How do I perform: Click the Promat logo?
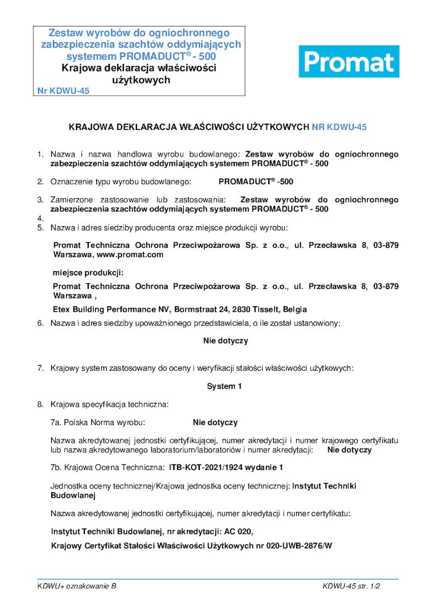coord(348,62)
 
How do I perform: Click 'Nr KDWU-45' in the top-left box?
coord(64,91)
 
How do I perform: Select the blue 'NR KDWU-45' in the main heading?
coord(339,128)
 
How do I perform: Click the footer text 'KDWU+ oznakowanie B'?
coord(77,586)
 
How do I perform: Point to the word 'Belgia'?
coord(294,309)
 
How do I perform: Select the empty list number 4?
coord(40,218)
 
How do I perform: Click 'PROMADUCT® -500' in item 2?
coord(256,182)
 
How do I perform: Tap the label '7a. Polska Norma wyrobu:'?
coord(97,423)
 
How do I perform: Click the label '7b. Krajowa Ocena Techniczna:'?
coord(107,468)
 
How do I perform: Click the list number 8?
coord(40,405)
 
